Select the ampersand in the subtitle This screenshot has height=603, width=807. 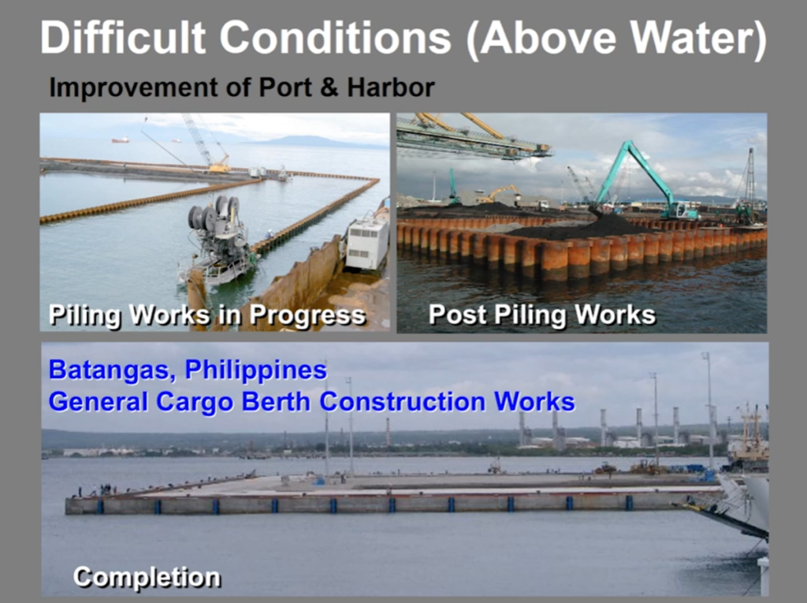[329, 87]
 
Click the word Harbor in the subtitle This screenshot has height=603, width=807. [390, 87]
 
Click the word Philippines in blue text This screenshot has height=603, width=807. [256, 370]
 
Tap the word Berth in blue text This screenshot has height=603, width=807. [276, 402]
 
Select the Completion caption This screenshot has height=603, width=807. [147, 577]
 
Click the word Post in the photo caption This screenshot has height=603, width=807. [458, 315]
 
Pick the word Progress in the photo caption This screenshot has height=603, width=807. [308, 315]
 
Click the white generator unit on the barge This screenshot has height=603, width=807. [367, 243]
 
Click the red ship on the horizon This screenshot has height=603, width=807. [121, 140]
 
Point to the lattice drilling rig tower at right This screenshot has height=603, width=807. [750, 181]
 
